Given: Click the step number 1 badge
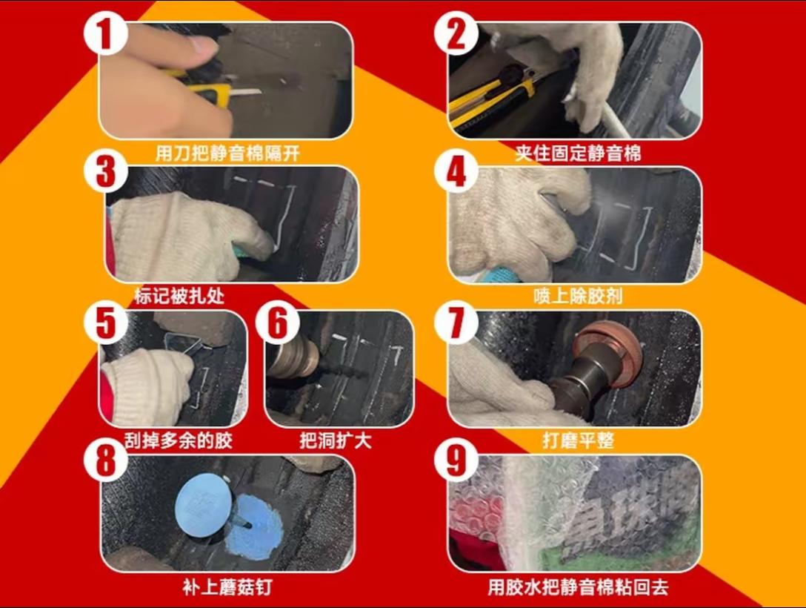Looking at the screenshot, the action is pos(105,32).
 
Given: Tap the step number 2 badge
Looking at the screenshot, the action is pos(456,32).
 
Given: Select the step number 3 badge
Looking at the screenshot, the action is pos(105,171).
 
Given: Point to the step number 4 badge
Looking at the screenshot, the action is pos(456,171).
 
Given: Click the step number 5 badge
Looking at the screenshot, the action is pos(105,323).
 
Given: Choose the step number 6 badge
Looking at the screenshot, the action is pos(278,323).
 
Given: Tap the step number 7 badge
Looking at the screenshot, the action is pos(456,323).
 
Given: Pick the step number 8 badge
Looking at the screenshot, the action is pos(105,460).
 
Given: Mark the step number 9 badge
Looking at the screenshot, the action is pos(456,460).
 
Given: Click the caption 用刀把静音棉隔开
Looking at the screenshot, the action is pos(227,153).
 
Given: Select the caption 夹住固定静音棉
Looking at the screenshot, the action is pos(579,153).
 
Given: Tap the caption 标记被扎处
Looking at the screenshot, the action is pos(179,297).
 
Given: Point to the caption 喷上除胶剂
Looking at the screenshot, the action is pos(579,297).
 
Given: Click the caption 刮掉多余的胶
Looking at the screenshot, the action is pos(179,441).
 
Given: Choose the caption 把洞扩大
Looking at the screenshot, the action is pos(335,441).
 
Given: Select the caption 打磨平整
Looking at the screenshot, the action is pos(579,441).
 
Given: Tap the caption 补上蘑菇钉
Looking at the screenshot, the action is pos(227,587).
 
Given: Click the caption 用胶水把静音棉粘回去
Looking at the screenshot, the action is pos(579,587).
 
